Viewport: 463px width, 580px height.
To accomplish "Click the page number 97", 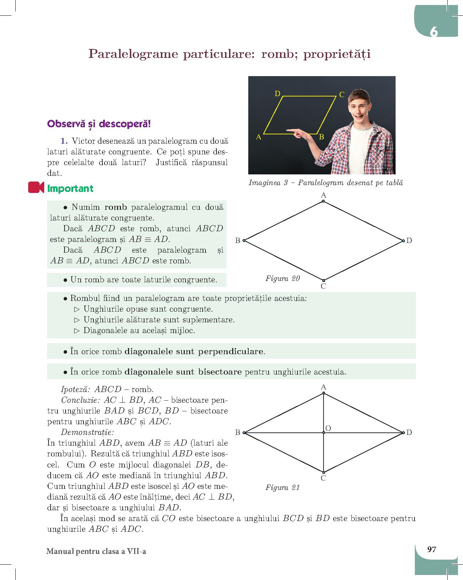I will tap(432, 549).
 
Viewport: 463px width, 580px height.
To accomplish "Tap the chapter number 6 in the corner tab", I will tap(433, 32).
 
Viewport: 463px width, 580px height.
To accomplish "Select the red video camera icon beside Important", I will tap(36, 188).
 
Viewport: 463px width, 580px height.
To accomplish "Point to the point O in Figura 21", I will tap(324, 433).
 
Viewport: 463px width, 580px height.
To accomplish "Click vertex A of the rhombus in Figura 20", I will tap(323, 201).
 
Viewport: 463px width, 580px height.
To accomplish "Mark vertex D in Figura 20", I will tap(403, 241).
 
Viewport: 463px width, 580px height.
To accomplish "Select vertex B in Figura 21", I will tap(244, 433).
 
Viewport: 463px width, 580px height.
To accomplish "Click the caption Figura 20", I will tap(283, 278).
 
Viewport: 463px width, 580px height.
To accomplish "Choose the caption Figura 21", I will tap(282, 487).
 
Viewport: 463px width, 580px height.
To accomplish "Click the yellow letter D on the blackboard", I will tap(278, 94).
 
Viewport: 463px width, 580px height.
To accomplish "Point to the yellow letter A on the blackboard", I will tap(259, 137).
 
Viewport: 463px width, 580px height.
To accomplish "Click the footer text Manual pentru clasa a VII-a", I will tap(96, 551).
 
